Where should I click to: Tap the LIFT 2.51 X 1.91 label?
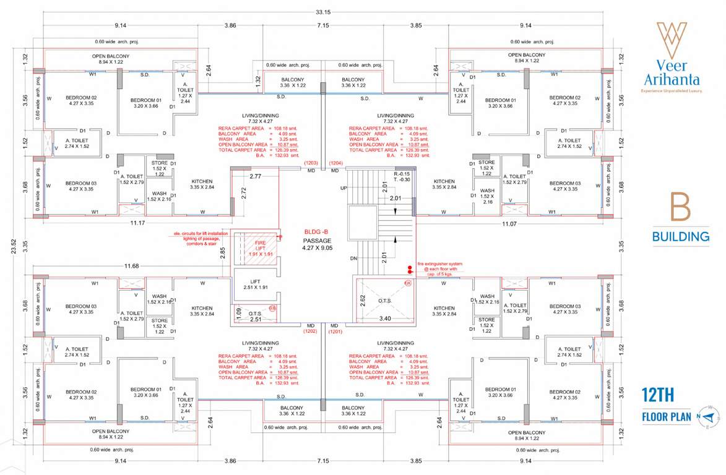pos(255,284)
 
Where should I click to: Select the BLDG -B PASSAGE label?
pos(318,236)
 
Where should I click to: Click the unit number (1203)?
pos(311,162)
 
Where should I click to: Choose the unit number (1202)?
pos(310,331)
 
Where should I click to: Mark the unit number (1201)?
pos(335,331)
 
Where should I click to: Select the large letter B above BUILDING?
pos(680,208)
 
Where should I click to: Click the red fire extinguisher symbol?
pos(409,269)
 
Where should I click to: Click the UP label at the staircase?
pos(344,187)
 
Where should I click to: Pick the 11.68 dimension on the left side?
pos(132,266)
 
